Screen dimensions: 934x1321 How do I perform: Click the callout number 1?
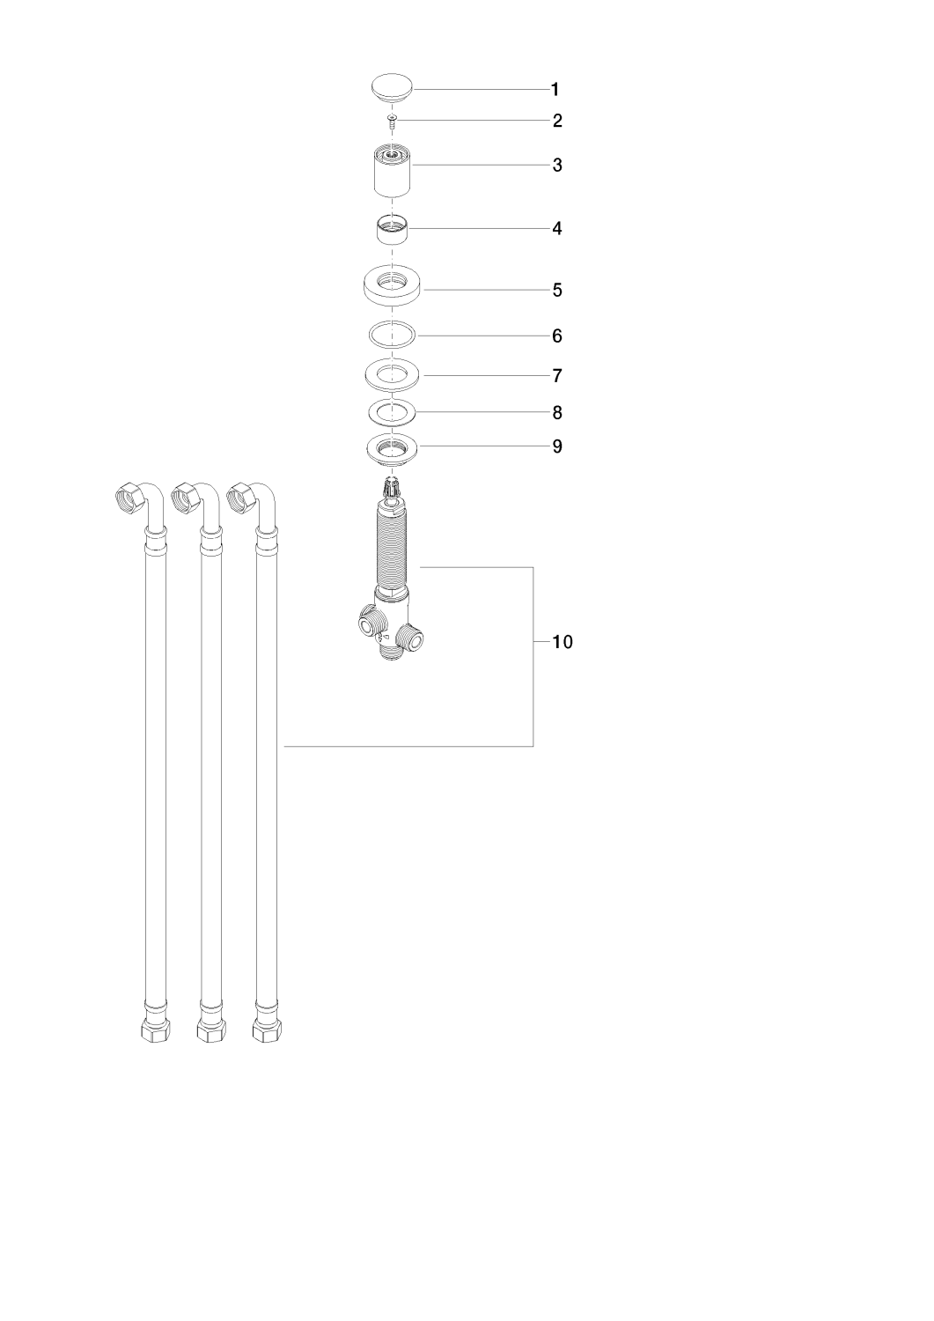click(x=555, y=90)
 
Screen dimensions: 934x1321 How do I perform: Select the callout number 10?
click(x=562, y=642)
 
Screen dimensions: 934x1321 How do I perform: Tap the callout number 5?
click(x=557, y=290)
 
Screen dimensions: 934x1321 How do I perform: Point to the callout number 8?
click(x=557, y=413)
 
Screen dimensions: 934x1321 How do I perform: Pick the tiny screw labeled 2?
click(x=392, y=121)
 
